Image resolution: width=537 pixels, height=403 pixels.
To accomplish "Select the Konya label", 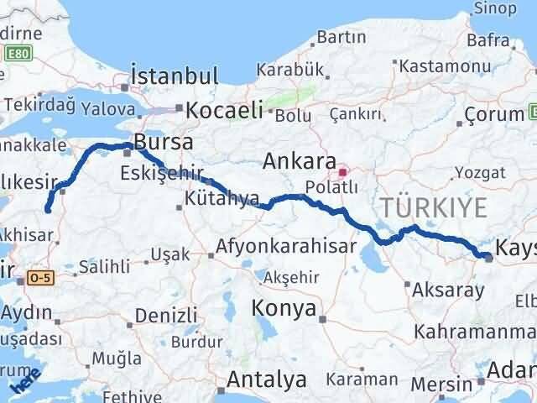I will (x=284, y=308).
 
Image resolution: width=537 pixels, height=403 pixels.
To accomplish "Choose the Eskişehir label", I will (x=161, y=175).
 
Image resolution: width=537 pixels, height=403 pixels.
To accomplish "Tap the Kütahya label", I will (x=222, y=199).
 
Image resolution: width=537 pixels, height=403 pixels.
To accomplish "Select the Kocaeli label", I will (x=224, y=109).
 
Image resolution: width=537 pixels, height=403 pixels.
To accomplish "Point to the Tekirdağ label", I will (x=41, y=104).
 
